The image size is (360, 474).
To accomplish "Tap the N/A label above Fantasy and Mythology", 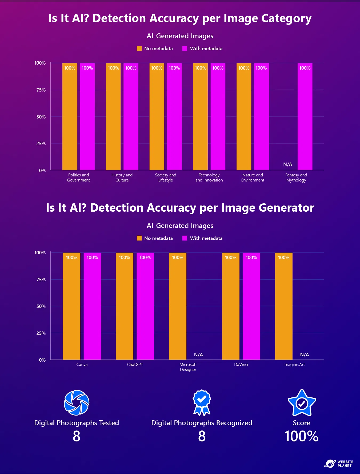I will (287, 164).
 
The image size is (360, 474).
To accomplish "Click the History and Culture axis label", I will (122, 177).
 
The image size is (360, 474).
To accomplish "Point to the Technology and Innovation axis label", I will (209, 177).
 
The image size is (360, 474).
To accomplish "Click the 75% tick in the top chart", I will (41, 90).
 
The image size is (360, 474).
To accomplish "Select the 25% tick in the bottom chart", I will (41, 333).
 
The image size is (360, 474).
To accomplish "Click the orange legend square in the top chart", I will (139, 48).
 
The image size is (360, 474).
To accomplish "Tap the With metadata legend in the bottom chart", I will (206, 238).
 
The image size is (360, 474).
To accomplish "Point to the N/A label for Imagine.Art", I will (304, 355).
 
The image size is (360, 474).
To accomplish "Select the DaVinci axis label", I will (241, 365).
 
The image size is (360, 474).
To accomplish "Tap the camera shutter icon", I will (77, 402).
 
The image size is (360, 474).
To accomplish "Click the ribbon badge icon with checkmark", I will (202, 402).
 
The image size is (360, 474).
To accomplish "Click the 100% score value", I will (301, 436).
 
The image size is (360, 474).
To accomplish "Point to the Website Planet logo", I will (339, 464).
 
